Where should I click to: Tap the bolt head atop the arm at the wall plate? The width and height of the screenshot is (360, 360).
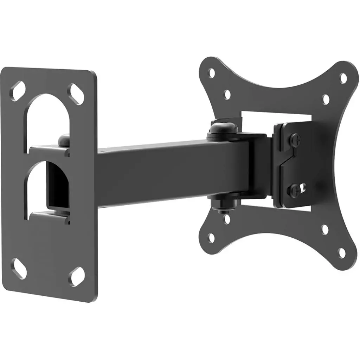coord(64,139)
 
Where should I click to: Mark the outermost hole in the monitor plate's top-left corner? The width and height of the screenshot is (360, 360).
coord(212,73)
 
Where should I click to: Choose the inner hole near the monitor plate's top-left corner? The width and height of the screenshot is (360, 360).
coord(227,94)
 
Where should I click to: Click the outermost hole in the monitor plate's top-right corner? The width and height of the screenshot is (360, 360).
coord(343,78)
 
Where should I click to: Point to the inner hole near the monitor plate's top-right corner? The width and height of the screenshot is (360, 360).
coord(326,99)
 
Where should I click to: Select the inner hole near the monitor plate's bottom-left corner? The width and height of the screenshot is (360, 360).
coord(227,219)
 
